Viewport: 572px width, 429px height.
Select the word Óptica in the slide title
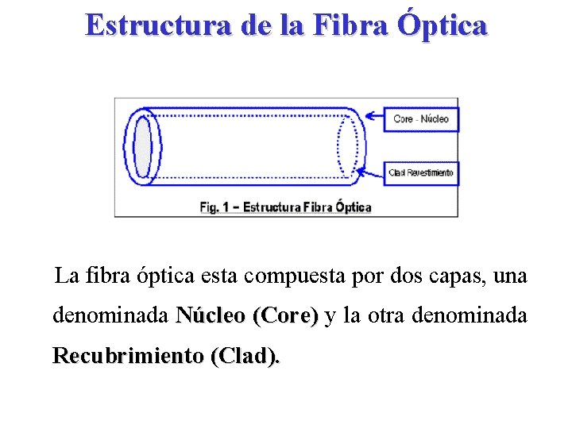(440, 25)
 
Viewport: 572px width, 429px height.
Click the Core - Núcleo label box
(421, 119)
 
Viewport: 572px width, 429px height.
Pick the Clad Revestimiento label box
(421, 172)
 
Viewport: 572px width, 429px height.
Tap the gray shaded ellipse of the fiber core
(143, 148)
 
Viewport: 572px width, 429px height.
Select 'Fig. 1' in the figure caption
(214, 207)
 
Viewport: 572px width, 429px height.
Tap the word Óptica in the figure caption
(353, 207)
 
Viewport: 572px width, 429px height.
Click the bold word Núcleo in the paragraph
(211, 315)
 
